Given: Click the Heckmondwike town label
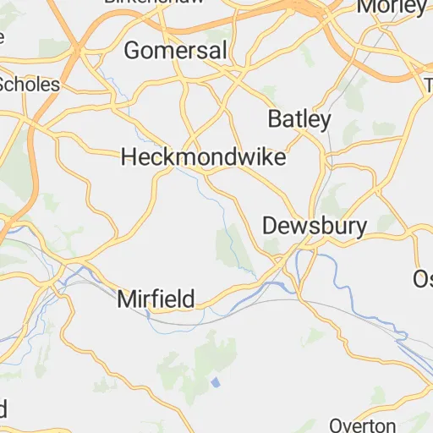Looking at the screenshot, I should [204, 157].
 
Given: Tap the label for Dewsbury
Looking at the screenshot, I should [315, 226].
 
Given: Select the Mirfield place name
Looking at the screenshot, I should [156, 299].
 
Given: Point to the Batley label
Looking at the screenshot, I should [299, 119].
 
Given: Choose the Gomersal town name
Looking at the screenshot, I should [176, 51].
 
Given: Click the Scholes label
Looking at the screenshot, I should [30, 85].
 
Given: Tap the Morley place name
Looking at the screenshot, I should [392, 7].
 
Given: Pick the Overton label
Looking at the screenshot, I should [362, 425].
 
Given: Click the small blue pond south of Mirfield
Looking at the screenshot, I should [216, 383].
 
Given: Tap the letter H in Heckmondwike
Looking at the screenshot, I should [129, 157].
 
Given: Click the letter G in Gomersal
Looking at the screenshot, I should [133, 51].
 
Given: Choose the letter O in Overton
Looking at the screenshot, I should [336, 425].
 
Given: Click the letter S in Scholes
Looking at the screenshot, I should [4, 85].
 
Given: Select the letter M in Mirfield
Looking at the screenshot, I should [126, 299].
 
